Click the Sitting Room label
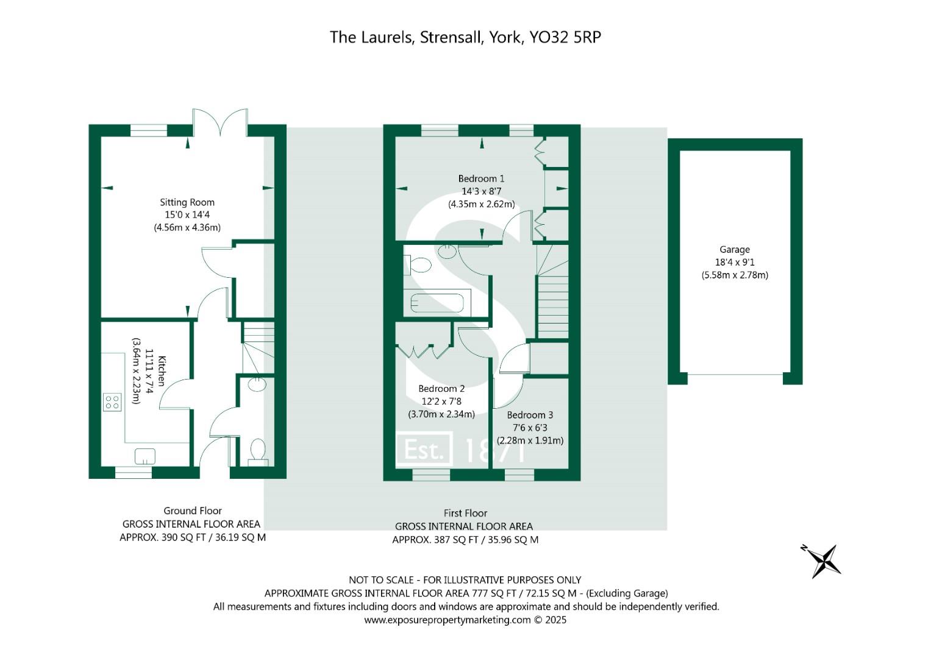(x=187, y=202)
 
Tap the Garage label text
(x=735, y=250)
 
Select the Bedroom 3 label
(x=530, y=414)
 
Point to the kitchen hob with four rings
(x=112, y=402)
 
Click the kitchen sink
(x=145, y=456)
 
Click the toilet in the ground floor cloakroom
(x=258, y=452)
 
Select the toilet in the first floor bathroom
(x=418, y=265)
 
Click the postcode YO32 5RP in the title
(x=565, y=37)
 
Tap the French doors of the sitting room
(x=220, y=122)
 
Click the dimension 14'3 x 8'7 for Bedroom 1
(x=481, y=191)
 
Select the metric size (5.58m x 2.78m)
(x=735, y=275)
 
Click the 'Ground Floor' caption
(x=193, y=511)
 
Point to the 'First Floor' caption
(x=465, y=513)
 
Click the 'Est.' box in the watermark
(x=424, y=450)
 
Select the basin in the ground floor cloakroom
(x=257, y=384)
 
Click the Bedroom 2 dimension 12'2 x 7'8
(x=441, y=402)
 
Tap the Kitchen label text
(x=162, y=371)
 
